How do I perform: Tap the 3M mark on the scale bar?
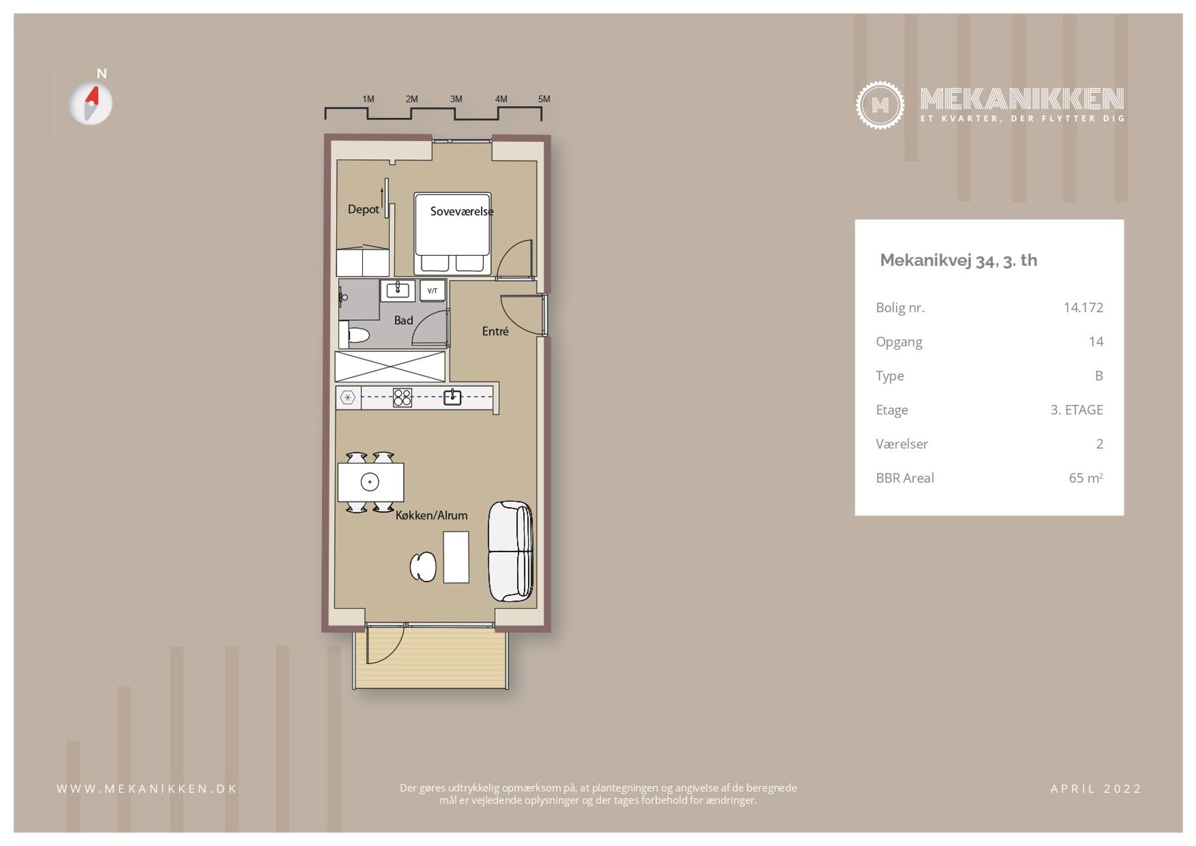[456, 99]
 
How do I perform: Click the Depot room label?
[363, 209]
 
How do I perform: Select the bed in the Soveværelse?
[453, 234]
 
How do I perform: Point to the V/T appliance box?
[432, 290]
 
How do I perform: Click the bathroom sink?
[397, 290]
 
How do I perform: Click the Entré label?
[495, 331]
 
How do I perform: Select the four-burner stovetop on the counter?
[402, 398]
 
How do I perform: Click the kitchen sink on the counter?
[452, 397]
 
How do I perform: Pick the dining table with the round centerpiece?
[370, 482]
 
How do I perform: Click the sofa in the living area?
[511, 551]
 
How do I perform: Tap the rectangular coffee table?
[456, 557]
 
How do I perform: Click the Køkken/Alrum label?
[432, 515]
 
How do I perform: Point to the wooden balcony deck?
[431, 658]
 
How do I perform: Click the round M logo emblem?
[880, 105]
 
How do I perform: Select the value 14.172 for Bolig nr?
[1083, 307]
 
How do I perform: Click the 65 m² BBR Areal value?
[1086, 478]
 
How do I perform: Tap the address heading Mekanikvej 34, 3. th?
[958, 260]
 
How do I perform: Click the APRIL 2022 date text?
[1096, 789]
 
